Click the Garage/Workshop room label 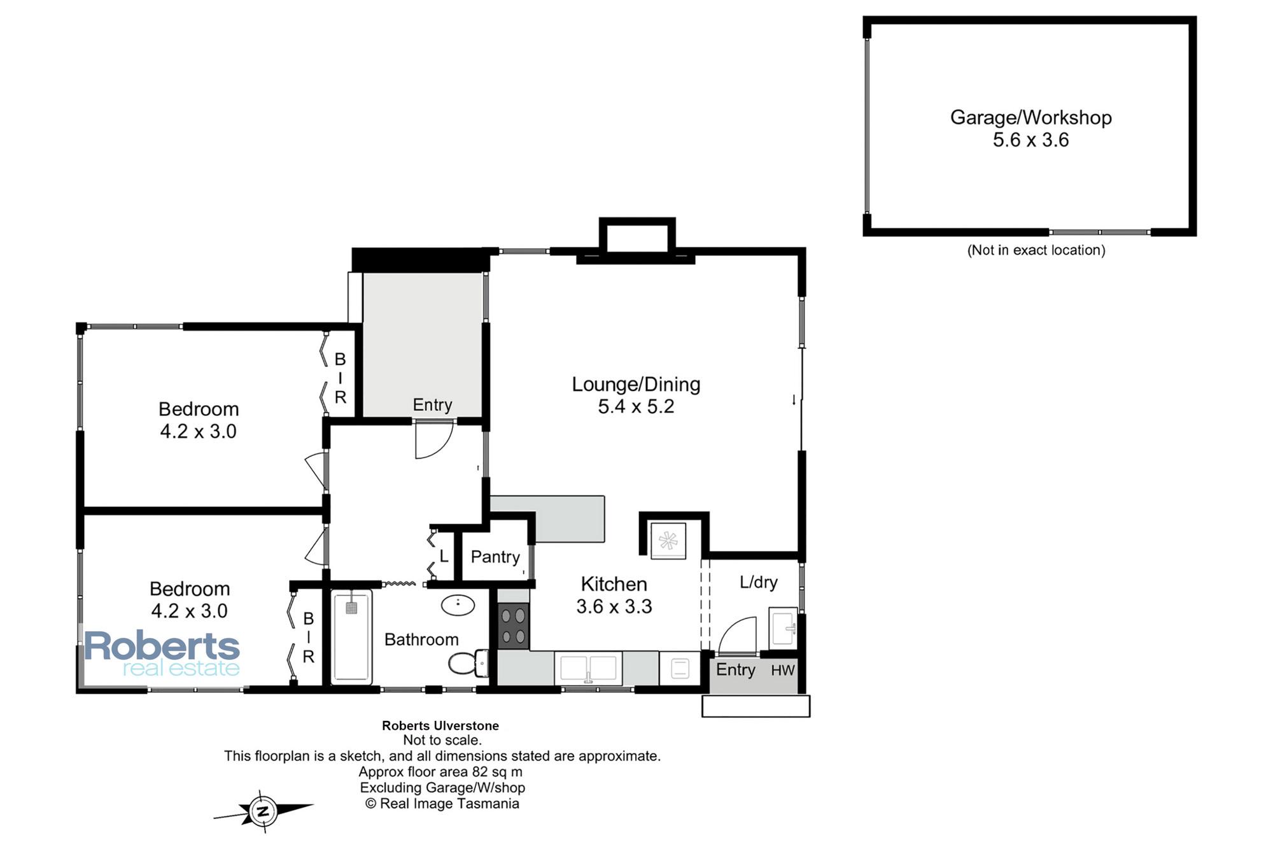(x=1030, y=118)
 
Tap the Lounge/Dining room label (x=636, y=384)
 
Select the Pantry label (x=495, y=557)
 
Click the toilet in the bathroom (x=468, y=664)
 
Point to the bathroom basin (x=458, y=604)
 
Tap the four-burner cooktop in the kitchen (x=513, y=626)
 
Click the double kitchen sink (x=588, y=668)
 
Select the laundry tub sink (x=783, y=629)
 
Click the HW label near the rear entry (x=783, y=670)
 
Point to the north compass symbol (x=263, y=811)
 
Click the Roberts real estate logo (x=162, y=653)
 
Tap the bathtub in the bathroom (x=351, y=636)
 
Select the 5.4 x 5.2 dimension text (x=636, y=406)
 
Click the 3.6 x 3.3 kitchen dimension (x=614, y=606)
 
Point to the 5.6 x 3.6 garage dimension (x=1031, y=140)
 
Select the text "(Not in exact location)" (x=1036, y=250)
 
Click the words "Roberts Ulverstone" (x=440, y=725)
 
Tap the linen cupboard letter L (x=444, y=556)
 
